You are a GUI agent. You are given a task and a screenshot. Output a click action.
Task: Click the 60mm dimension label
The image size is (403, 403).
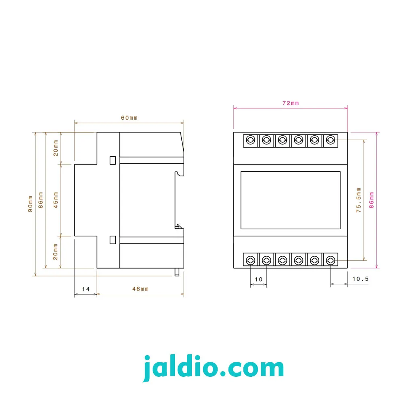(x=129, y=118)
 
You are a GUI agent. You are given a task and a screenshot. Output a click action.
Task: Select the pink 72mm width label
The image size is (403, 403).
(x=291, y=103)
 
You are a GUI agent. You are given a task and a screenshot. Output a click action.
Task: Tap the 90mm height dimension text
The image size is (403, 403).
(x=30, y=204)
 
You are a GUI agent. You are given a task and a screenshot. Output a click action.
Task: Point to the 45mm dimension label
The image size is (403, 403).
(x=56, y=200)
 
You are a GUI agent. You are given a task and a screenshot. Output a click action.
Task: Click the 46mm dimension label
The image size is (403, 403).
(x=140, y=289)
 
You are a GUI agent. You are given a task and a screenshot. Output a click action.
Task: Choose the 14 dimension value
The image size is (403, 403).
(x=86, y=289)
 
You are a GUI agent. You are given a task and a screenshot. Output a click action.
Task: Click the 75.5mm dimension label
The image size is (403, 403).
(x=359, y=200)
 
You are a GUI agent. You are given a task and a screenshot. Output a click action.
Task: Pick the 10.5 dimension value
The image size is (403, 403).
(x=360, y=279)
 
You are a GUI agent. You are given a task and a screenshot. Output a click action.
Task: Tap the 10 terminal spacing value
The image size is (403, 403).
(x=259, y=279)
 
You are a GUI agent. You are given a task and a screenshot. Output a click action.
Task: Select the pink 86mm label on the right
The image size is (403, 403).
(x=372, y=200)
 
